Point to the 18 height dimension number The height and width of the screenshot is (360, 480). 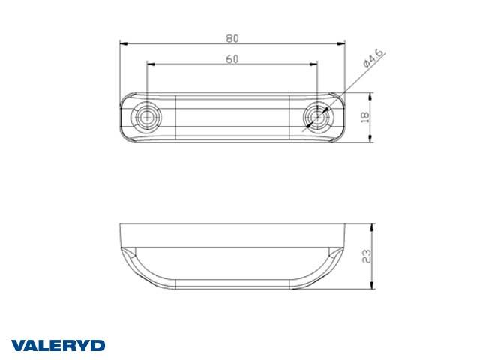pyautogui.click(x=365, y=117)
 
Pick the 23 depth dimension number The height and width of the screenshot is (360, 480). pyautogui.click(x=365, y=256)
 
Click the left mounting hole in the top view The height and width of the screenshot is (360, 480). pyautogui.click(x=146, y=116)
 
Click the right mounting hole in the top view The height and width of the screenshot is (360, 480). pyautogui.click(x=320, y=116)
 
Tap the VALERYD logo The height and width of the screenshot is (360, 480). pyautogui.click(x=58, y=345)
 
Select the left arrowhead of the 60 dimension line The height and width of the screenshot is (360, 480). pyautogui.click(x=149, y=65)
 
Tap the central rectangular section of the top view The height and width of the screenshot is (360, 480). pyautogui.click(x=233, y=116)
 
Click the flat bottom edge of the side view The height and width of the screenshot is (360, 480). pyautogui.click(x=233, y=288)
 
